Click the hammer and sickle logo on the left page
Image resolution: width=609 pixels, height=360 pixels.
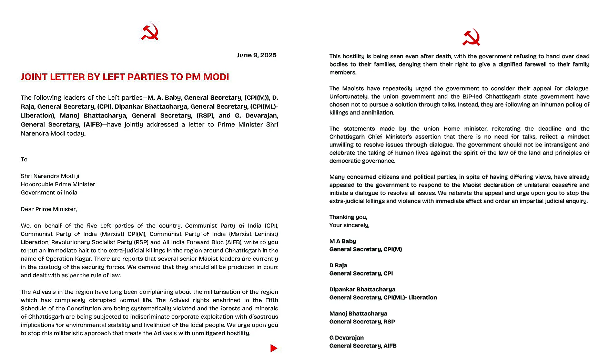pos(150,32)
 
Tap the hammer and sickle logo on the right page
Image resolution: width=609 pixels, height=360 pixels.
pos(471,38)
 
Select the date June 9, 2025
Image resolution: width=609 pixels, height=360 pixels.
pos(256,55)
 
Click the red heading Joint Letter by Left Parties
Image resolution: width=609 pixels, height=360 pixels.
pos(125,77)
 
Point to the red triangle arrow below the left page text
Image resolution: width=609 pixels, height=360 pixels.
pos(274,348)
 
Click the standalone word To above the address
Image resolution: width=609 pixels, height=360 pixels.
pos(24,159)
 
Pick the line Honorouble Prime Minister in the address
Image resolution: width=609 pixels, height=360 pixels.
pos(58,184)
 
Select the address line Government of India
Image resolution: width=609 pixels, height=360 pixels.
pos(49,192)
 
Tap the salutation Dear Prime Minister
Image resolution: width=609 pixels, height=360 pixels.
pos(49,209)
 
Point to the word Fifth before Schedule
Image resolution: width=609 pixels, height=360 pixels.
pos(272,300)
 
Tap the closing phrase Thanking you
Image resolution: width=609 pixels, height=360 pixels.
pos(348,217)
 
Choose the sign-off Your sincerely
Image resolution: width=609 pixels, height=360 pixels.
pos(349,225)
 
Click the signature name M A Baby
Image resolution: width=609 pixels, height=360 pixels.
pos(343,241)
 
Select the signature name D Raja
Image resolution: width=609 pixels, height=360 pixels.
pos(338,265)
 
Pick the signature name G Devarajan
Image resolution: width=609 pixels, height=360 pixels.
pos(346,338)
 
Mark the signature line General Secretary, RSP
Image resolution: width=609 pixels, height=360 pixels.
pos(362,321)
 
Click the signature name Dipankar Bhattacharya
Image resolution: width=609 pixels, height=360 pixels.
pos(362,289)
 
